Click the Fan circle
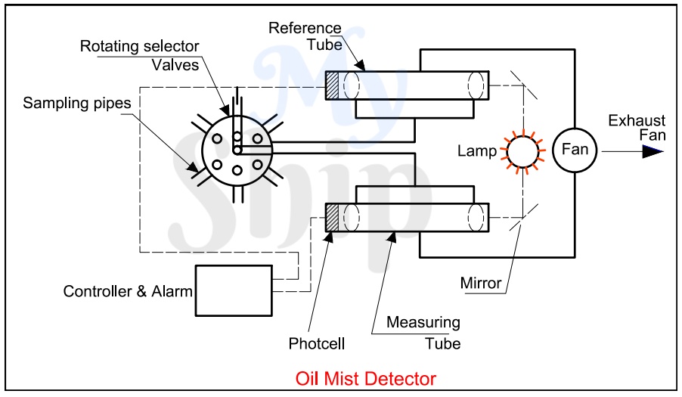click(x=575, y=149)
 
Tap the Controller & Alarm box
click(x=234, y=290)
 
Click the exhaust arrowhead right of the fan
click(x=652, y=150)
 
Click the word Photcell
click(x=317, y=344)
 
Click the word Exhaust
click(x=637, y=121)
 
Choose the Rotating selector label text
click(x=139, y=47)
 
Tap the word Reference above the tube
click(x=304, y=28)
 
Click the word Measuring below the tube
click(x=423, y=323)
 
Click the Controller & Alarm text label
click(x=128, y=291)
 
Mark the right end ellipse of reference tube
click(x=476, y=84)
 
